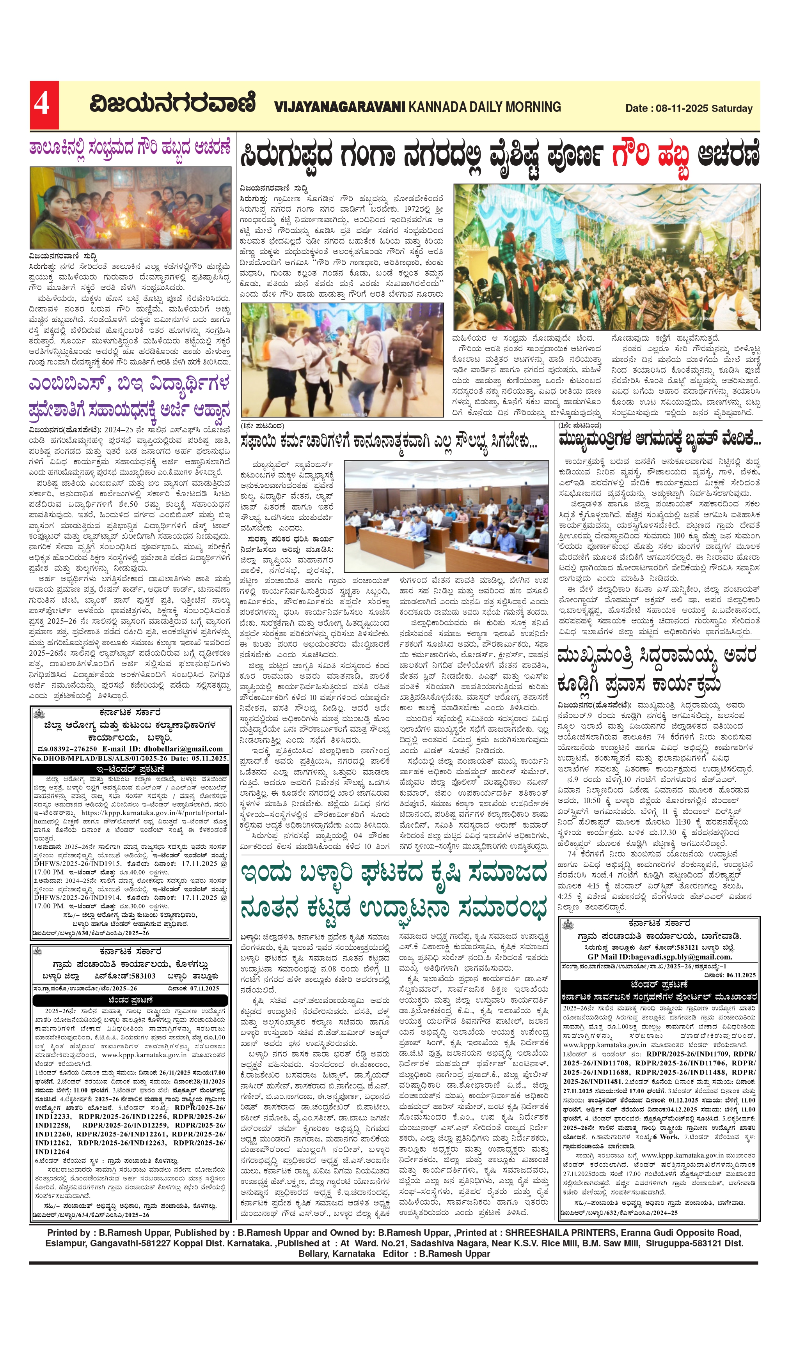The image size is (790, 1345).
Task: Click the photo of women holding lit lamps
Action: (x=130, y=208)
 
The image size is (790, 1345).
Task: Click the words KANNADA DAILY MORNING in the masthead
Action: (x=485, y=107)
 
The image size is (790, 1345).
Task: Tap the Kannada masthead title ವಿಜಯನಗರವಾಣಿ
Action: (x=172, y=104)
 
